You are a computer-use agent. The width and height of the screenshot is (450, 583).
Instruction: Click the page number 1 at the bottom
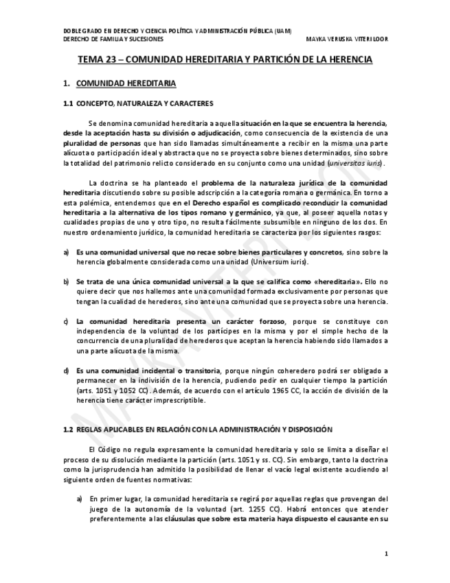pyautogui.click(x=386, y=553)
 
